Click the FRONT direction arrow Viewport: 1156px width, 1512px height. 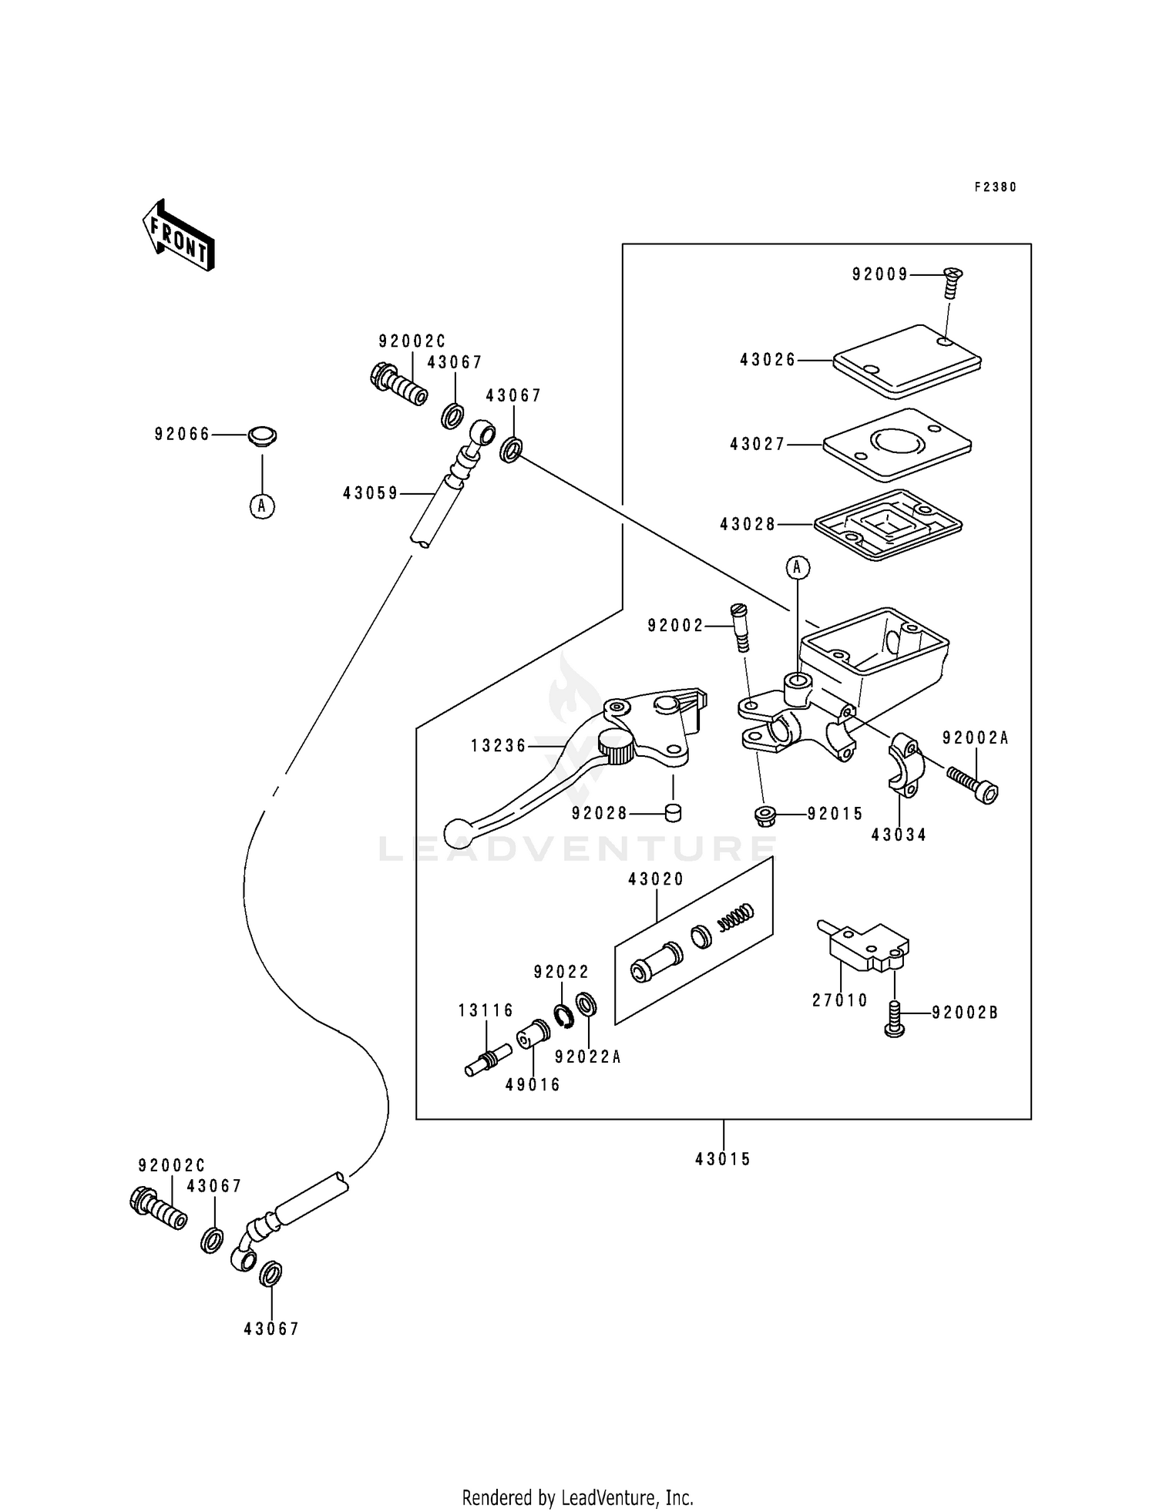point(178,235)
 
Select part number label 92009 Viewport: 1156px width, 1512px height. point(880,274)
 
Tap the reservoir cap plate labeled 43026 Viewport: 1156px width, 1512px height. point(907,361)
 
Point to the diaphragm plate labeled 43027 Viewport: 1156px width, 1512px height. point(897,444)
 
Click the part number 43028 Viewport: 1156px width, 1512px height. point(748,524)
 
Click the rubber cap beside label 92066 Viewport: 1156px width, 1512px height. point(262,435)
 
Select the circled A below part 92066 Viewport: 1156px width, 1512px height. point(262,506)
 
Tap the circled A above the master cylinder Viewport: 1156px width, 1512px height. point(797,568)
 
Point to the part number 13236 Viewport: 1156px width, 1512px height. point(499,746)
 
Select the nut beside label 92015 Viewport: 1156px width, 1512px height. point(765,815)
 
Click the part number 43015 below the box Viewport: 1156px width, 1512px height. point(722,1159)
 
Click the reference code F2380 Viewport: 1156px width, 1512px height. point(995,187)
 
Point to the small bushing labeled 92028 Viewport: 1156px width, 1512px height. point(674,813)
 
